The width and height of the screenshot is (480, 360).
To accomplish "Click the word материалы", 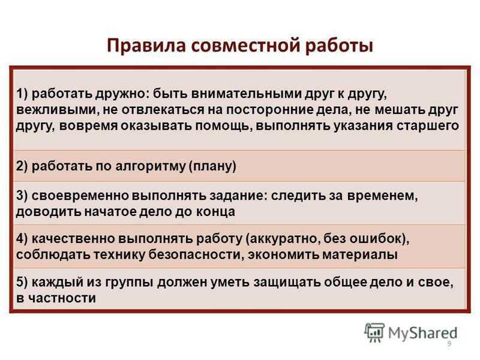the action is [360, 254].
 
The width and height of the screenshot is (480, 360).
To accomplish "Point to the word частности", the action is [62, 298].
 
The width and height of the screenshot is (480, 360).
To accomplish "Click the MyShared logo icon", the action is [374, 332].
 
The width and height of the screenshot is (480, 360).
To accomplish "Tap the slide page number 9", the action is [449, 343].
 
